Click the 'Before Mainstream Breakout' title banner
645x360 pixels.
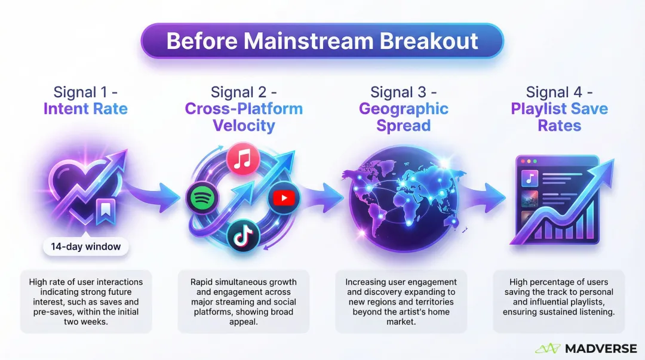(322, 41)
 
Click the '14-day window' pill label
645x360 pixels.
(86, 247)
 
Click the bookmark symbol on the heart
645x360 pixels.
(107, 212)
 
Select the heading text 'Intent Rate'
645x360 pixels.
(85, 109)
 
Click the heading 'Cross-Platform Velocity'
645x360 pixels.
(244, 117)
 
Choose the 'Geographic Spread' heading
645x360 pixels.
(403, 117)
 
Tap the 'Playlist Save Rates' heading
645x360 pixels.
(559, 117)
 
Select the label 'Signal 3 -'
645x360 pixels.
(403, 93)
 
